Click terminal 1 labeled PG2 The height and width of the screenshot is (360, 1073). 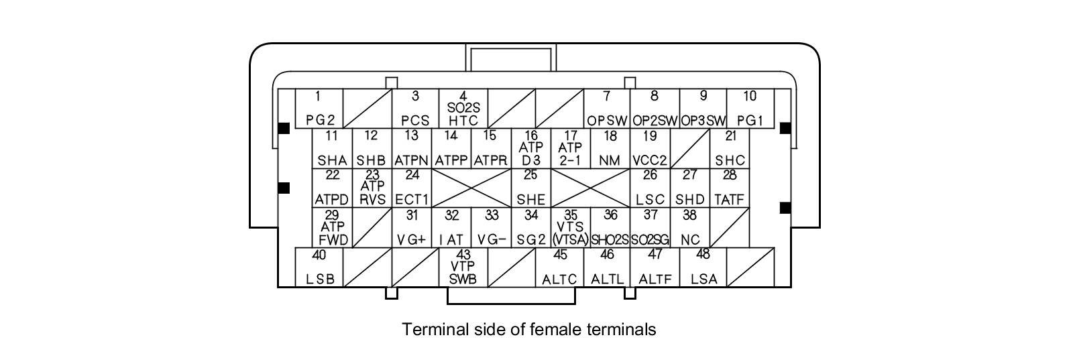click(319, 109)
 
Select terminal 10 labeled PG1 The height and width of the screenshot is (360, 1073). click(750, 109)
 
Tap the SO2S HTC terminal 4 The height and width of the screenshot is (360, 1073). click(463, 109)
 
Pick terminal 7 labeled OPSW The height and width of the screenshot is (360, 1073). click(606, 109)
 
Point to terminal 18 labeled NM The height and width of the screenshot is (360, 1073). click(610, 148)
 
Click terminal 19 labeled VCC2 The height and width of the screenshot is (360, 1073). click(649, 148)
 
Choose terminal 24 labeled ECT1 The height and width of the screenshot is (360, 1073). click(412, 188)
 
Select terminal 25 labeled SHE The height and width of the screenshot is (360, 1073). click(530, 188)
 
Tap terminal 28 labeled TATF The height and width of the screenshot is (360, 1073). click(729, 188)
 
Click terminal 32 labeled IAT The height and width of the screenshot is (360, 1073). click(451, 228)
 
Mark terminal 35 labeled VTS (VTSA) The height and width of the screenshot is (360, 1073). click(570, 228)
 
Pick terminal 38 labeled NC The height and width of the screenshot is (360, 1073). click(689, 228)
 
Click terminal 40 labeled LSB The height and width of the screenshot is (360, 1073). click(319, 267)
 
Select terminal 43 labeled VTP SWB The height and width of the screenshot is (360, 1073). click(463, 267)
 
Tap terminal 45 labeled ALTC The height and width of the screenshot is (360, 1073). click(559, 267)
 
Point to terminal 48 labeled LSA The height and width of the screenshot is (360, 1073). click(703, 267)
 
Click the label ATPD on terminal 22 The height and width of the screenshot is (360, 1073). click(332, 200)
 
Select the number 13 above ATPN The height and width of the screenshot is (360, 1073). click(411, 136)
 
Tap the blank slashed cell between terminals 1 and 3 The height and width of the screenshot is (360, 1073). click(368, 109)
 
